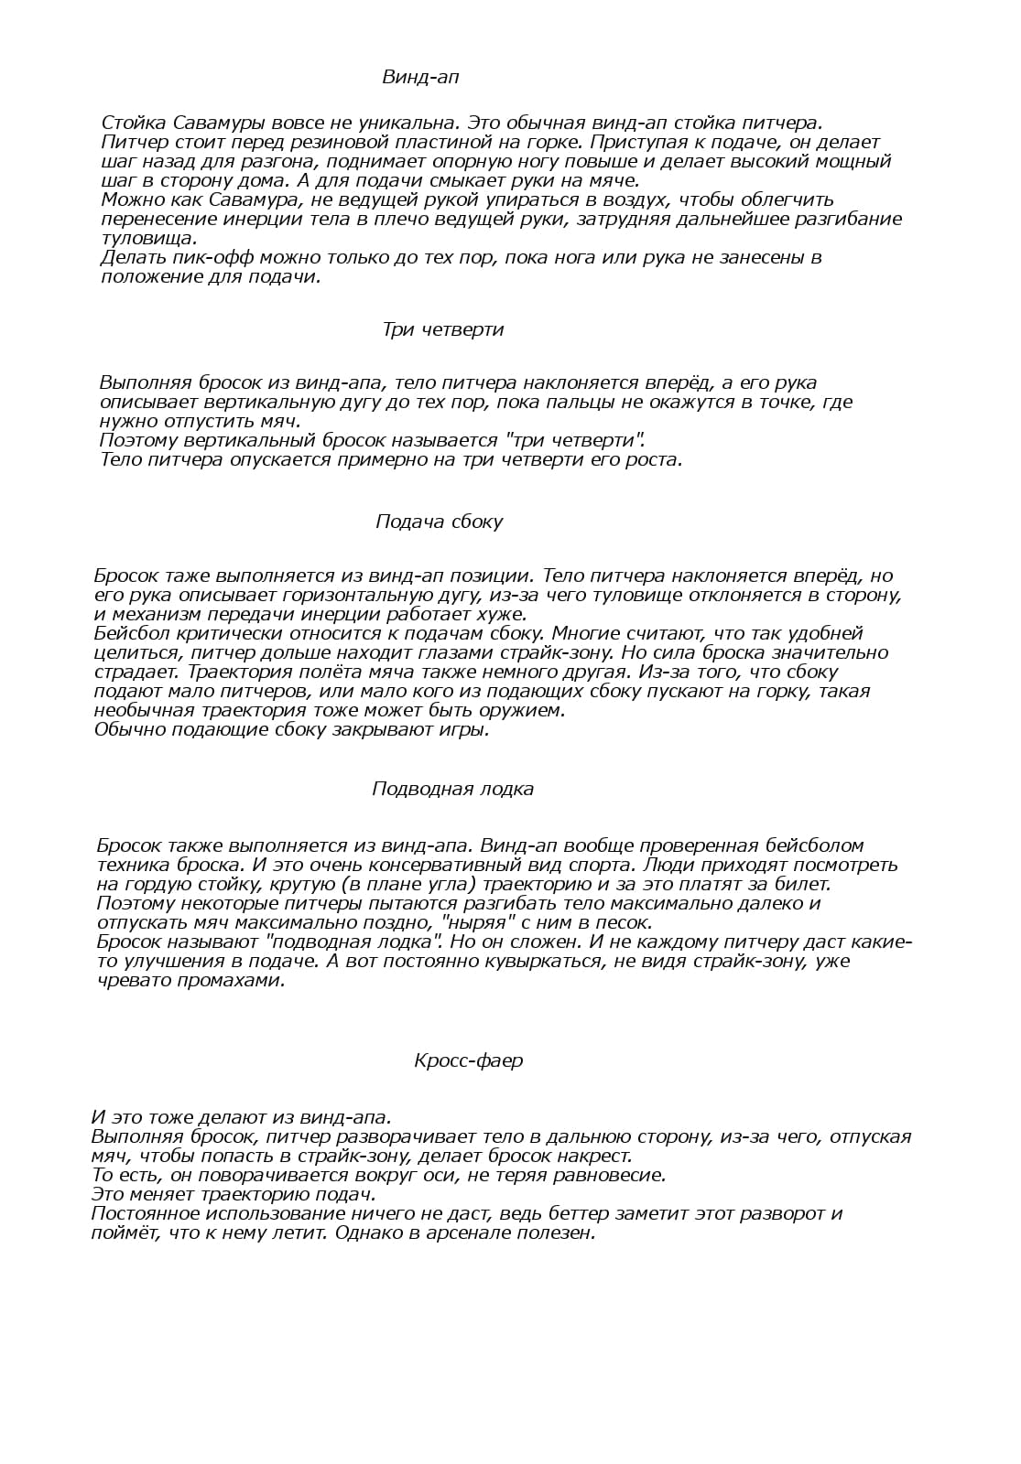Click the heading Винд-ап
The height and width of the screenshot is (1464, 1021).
coord(420,78)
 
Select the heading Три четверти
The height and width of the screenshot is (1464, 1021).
coord(443,329)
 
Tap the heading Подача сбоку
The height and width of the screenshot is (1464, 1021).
coord(440,522)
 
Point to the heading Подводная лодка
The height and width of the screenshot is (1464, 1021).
coord(452,789)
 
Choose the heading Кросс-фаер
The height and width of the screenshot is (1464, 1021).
coord(468,1060)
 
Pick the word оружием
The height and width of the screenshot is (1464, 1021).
coord(524,710)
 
